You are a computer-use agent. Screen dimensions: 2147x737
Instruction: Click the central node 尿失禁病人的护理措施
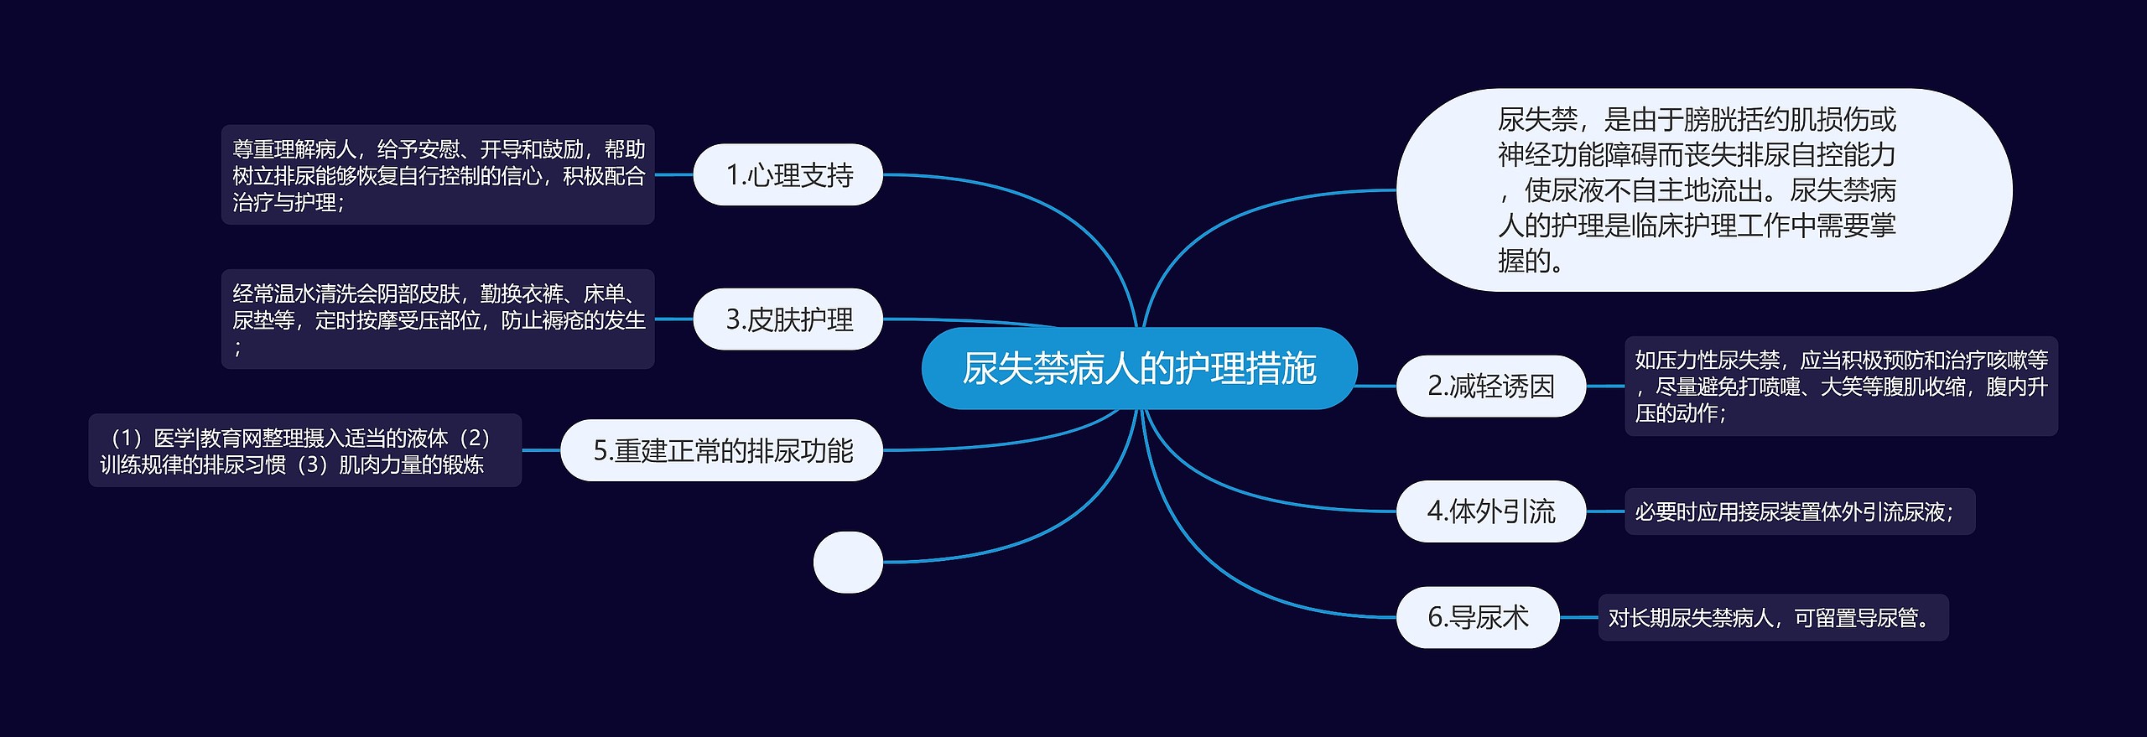pyautogui.click(x=1139, y=368)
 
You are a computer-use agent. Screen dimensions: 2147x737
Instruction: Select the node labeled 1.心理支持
pyautogui.click(x=788, y=174)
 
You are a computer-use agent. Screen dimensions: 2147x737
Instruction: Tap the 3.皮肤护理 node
pyautogui.click(x=788, y=319)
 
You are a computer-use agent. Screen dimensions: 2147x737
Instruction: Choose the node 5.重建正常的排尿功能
pyautogui.click(x=721, y=450)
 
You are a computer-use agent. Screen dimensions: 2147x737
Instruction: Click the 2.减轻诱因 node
pyautogui.click(x=1490, y=386)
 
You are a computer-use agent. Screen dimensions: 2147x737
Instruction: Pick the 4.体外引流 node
pyautogui.click(x=1490, y=511)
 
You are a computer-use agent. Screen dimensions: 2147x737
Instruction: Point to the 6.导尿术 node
pyautogui.click(x=1477, y=617)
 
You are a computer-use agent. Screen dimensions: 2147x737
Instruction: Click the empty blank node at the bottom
pyautogui.click(x=848, y=562)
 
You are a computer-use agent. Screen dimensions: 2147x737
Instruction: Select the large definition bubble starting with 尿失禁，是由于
pyautogui.click(x=1703, y=190)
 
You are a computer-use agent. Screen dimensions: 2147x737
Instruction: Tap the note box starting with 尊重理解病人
pyautogui.click(x=437, y=174)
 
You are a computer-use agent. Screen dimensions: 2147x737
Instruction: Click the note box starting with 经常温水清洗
pyautogui.click(x=437, y=319)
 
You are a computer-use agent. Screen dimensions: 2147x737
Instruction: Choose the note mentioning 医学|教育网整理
pyautogui.click(x=304, y=450)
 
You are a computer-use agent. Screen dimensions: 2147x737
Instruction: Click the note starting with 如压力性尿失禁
pyautogui.click(x=1841, y=386)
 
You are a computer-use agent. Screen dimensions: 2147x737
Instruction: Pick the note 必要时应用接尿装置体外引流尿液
pyautogui.click(x=1799, y=511)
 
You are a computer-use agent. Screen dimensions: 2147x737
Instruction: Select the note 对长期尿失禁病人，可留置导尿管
pyautogui.click(x=1773, y=617)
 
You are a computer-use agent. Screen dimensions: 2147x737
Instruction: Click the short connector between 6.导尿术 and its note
pyautogui.click(x=1578, y=617)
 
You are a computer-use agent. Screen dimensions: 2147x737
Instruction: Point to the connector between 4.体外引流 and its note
pyautogui.click(x=1605, y=511)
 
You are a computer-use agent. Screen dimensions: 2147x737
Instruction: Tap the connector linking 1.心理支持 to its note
pyautogui.click(x=673, y=174)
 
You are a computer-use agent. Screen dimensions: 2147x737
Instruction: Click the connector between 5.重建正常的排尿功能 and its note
pyautogui.click(x=541, y=450)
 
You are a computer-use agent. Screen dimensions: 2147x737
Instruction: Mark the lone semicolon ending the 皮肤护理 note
pyautogui.click(x=238, y=347)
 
